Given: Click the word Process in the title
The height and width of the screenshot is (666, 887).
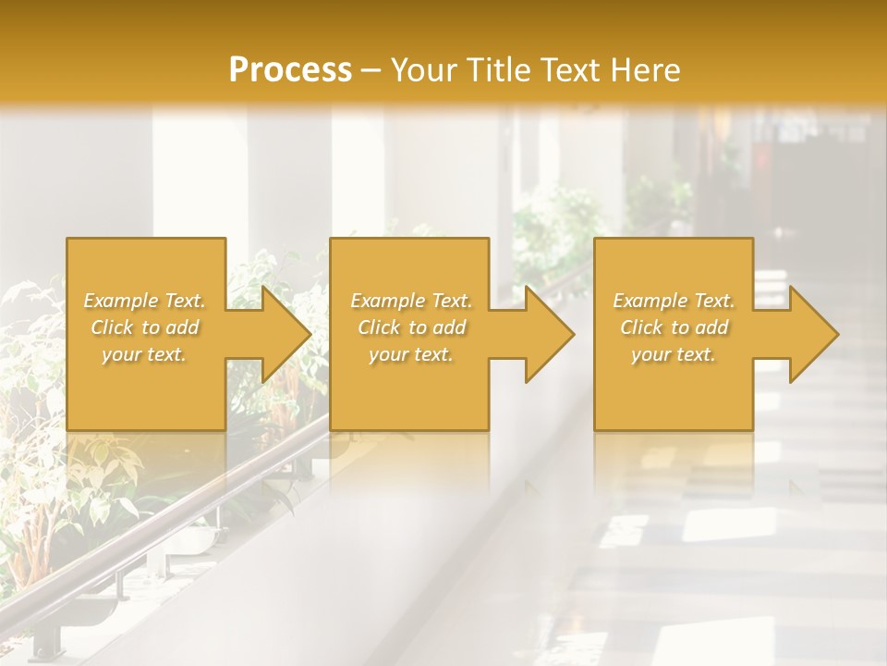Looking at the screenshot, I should pyautogui.click(x=290, y=70).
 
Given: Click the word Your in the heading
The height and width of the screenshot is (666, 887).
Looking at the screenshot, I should pyautogui.click(x=421, y=70).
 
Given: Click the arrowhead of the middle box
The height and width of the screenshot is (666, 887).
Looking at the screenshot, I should pyautogui.click(x=549, y=334).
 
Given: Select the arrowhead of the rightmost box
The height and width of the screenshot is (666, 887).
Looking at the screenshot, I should pyautogui.click(x=813, y=334).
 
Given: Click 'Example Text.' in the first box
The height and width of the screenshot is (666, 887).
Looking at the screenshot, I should pyautogui.click(x=145, y=301).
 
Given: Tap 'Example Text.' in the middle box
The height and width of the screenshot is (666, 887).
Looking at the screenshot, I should pyautogui.click(x=411, y=301).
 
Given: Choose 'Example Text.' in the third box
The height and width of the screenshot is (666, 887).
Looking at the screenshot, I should pyautogui.click(x=674, y=301).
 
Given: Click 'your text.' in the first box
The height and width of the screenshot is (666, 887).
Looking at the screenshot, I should pyautogui.click(x=144, y=354).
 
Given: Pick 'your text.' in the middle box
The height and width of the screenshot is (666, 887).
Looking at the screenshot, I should pyautogui.click(x=410, y=354).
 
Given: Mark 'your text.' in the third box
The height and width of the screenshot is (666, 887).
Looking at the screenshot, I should pyautogui.click(x=673, y=354).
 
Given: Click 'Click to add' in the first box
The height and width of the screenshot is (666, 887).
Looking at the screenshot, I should pyautogui.click(x=145, y=327).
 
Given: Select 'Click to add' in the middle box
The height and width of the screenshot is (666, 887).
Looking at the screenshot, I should pyautogui.click(x=411, y=327).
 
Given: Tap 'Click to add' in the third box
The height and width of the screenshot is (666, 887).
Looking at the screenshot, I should pyautogui.click(x=674, y=327).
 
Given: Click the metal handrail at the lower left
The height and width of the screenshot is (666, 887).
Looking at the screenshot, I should pyautogui.click(x=139, y=536).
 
